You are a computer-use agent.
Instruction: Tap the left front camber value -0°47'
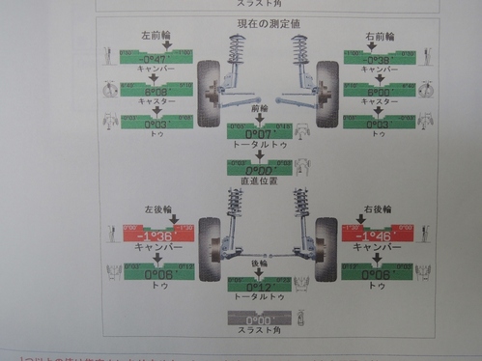(x=156, y=58)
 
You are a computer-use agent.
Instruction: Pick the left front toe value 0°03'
(x=156, y=125)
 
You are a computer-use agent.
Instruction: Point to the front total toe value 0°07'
(x=261, y=132)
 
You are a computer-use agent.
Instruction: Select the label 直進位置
(x=261, y=180)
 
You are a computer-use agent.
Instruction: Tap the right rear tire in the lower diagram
(x=325, y=246)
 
